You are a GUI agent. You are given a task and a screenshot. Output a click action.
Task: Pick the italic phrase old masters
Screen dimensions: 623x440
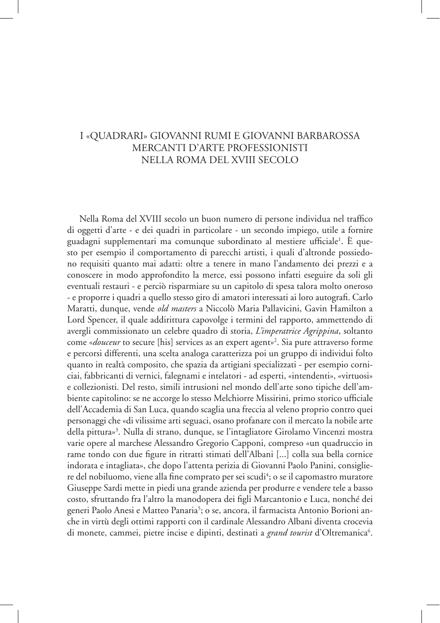tap(176, 309)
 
